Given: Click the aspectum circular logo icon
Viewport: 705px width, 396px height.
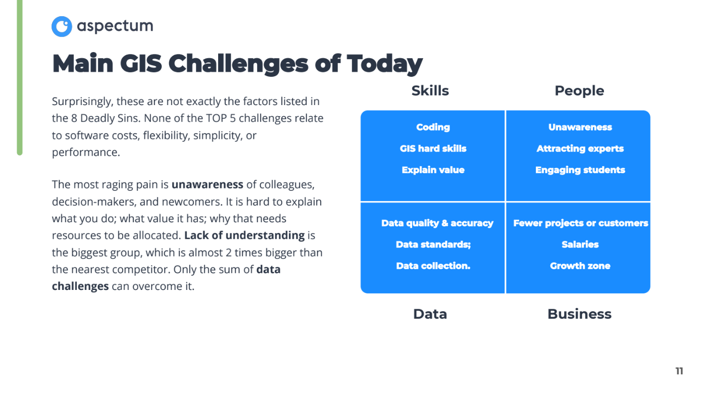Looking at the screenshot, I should pos(62,26).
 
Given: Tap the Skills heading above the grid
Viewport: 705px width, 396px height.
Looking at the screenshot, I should pos(430,91).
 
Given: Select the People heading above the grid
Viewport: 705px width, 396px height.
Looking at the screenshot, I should pos(579,91).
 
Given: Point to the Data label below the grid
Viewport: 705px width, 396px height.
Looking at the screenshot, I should pos(430,314).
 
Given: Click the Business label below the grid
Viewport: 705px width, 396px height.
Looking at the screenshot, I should pos(579,314).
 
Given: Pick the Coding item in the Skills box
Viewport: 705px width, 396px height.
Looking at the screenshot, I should pos(433,127).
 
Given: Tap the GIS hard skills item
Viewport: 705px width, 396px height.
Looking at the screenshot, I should pos(433,148).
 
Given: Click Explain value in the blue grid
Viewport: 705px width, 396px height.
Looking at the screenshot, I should pos(433,170).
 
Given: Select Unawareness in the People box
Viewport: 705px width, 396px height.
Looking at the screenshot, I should pos(580,127).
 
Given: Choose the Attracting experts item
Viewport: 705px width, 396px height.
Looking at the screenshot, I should pos(580,148).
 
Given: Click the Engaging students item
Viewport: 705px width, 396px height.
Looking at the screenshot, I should pos(580,170).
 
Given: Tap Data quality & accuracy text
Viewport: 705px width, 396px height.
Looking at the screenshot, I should pos(437,223).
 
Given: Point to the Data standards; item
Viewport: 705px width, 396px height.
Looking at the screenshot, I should pos(433,244).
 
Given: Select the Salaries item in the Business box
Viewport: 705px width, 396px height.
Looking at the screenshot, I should pos(580,244).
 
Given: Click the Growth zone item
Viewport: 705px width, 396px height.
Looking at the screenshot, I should pos(580,266).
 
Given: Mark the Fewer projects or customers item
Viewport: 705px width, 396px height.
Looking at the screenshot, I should pos(580,223).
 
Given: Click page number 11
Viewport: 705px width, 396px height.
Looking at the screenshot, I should pos(679,371).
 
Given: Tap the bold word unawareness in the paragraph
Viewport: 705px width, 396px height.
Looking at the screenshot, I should pos(207,185).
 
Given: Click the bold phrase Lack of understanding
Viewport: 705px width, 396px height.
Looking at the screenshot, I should pos(244,236).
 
